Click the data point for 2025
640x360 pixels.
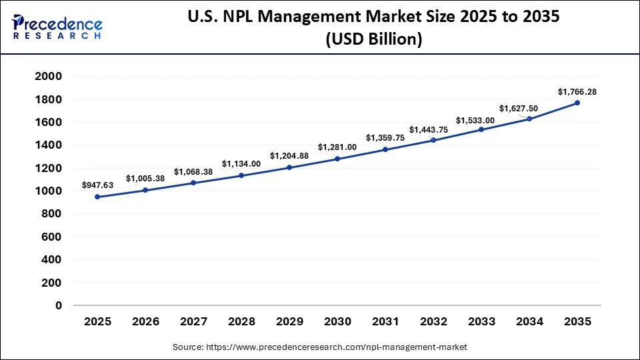click(97, 197)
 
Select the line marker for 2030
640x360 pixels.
click(337, 159)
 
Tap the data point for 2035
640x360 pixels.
click(577, 103)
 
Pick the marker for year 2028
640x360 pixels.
click(241, 175)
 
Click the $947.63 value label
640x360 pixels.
click(97, 185)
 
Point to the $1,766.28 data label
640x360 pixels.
click(577, 91)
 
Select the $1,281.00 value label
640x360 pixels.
click(337, 147)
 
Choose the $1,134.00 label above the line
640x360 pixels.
click(241, 163)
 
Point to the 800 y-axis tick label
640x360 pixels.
click(52, 214)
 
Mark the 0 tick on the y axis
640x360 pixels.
click(59, 305)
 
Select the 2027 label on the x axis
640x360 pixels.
click(193, 321)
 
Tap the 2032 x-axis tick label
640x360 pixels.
click(433, 321)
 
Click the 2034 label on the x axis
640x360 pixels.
click(529, 321)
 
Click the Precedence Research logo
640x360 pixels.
click(57, 26)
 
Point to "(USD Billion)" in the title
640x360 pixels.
click(373, 40)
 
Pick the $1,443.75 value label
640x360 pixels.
click(433, 129)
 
